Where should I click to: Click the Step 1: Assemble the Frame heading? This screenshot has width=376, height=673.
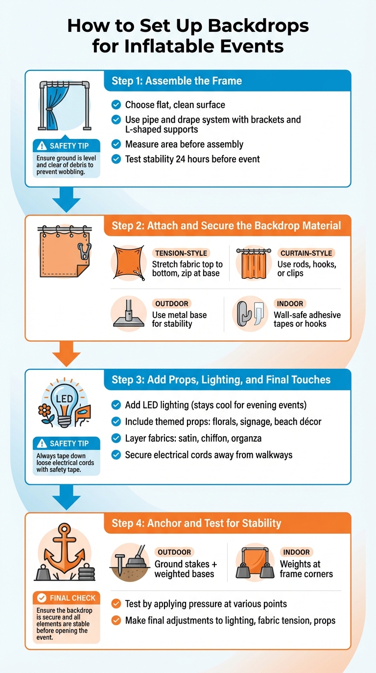point(177,81)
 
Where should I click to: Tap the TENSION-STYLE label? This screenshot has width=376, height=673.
point(181,253)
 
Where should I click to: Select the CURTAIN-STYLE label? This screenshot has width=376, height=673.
point(306,253)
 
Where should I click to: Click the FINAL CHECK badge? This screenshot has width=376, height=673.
point(67,598)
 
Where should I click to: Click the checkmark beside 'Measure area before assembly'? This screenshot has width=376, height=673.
point(116,144)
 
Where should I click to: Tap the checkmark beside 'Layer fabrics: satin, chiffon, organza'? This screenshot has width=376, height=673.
point(116,438)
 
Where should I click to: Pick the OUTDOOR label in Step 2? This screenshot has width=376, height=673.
point(171,304)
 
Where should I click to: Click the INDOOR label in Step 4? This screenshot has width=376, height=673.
point(296,552)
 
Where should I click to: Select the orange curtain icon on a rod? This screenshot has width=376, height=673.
point(254,264)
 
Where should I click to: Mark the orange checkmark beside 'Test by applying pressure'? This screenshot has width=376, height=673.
point(116,604)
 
